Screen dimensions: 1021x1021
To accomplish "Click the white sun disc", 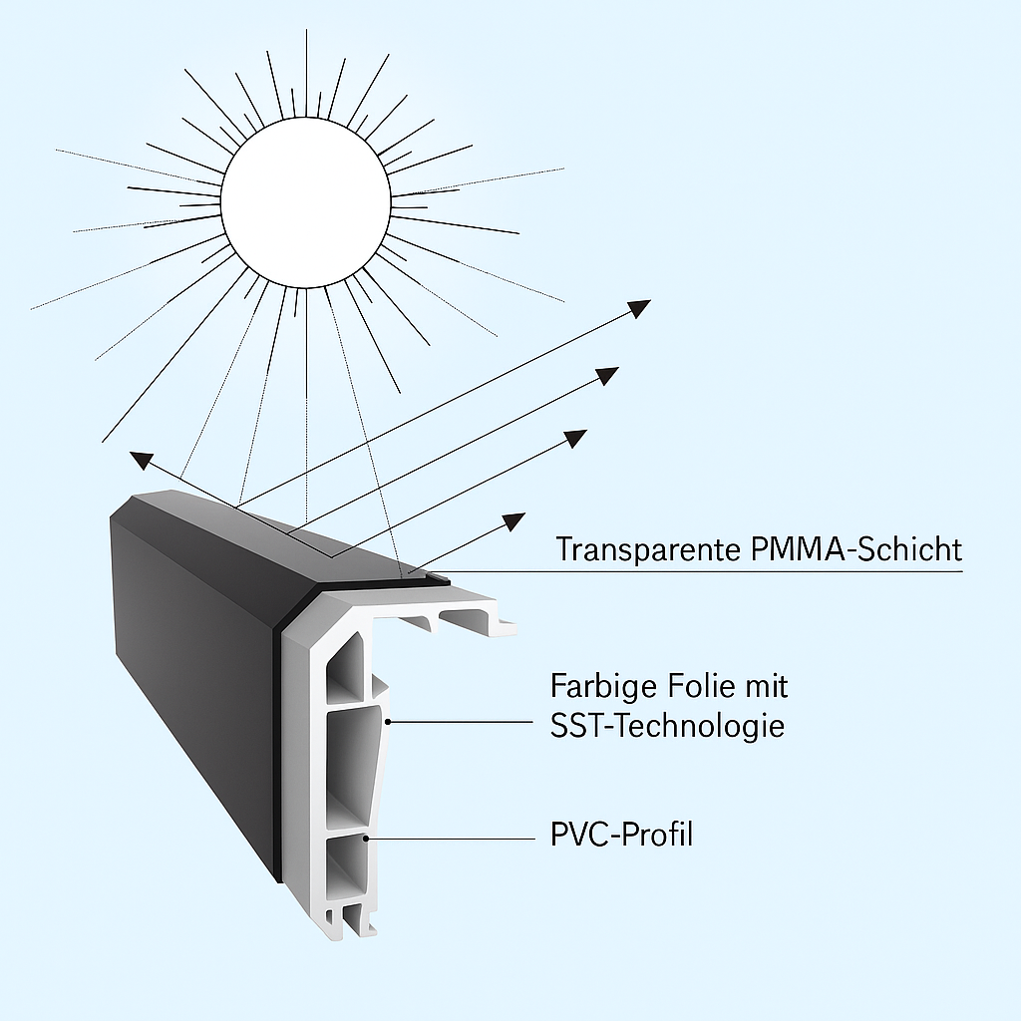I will (x=305, y=202).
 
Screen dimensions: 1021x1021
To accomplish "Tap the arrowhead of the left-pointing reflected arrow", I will (x=143, y=460).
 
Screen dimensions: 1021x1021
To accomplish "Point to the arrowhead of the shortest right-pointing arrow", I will (x=512, y=520).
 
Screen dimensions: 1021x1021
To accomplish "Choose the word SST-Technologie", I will (x=667, y=726).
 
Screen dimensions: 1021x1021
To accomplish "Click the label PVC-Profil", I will (x=621, y=834).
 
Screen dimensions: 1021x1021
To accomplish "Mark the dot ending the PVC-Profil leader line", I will (x=369, y=840).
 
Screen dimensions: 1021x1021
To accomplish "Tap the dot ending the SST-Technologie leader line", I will (x=388, y=720).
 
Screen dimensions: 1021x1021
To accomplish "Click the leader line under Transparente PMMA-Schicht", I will (x=698, y=571).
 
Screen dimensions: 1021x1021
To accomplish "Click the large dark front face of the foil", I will (x=194, y=688).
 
